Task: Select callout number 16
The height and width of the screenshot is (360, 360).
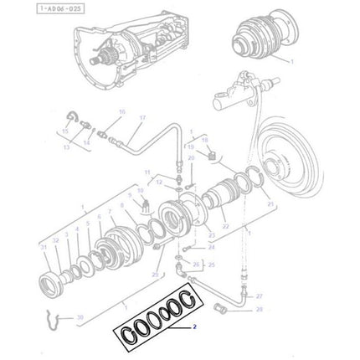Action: tap(121, 111)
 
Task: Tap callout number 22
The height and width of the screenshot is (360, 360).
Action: tap(225, 226)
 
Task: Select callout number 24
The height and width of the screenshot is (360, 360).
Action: tap(211, 247)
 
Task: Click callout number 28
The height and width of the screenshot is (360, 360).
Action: tap(259, 310)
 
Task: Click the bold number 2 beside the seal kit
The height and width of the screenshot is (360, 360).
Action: tap(194, 327)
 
